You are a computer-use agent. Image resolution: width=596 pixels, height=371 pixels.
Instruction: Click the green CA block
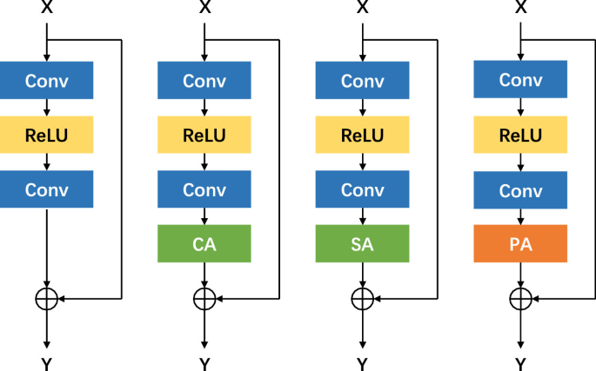[x=204, y=244]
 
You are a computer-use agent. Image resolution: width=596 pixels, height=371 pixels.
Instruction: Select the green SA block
[x=362, y=244]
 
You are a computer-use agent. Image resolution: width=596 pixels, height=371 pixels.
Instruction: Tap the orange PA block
[x=520, y=244]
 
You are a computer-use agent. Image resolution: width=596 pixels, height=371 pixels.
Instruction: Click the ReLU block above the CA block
[x=204, y=136]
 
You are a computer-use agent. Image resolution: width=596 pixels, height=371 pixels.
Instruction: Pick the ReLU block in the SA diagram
[x=362, y=136]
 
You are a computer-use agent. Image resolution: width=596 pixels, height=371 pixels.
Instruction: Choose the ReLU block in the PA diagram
[x=520, y=136]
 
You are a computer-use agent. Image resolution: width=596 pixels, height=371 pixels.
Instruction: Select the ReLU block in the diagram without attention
[x=46, y=136]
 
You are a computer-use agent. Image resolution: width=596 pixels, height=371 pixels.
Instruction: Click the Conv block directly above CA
[x=204, y=189]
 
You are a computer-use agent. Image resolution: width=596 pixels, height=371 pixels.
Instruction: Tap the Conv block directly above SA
[x=362, y=189]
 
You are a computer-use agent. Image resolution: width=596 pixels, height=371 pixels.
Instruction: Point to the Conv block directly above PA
[x=520, y=189]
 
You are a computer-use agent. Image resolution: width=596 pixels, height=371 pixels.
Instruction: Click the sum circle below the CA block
[x=204, y=299]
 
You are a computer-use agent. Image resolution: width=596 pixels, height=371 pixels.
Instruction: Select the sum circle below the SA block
[x=362, y=299]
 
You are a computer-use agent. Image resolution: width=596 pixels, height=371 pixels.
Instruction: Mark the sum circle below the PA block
[x=520, y=299]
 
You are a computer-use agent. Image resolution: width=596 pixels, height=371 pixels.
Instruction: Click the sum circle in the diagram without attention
[x=46, y=299]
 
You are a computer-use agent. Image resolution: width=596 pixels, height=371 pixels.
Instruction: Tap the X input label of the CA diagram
[x=204, y=8]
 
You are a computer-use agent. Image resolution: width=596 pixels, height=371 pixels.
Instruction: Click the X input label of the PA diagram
[x=520, y=8]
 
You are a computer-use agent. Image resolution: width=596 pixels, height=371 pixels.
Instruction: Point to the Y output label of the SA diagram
[x=362, y=363]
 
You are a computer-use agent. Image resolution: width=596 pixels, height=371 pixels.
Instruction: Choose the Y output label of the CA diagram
[x=204, y=363]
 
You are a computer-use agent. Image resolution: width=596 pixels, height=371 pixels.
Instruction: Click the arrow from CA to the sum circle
[x=204, y=275]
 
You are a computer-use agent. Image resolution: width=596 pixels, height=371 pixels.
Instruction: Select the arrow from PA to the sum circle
[x=520, y=275]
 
